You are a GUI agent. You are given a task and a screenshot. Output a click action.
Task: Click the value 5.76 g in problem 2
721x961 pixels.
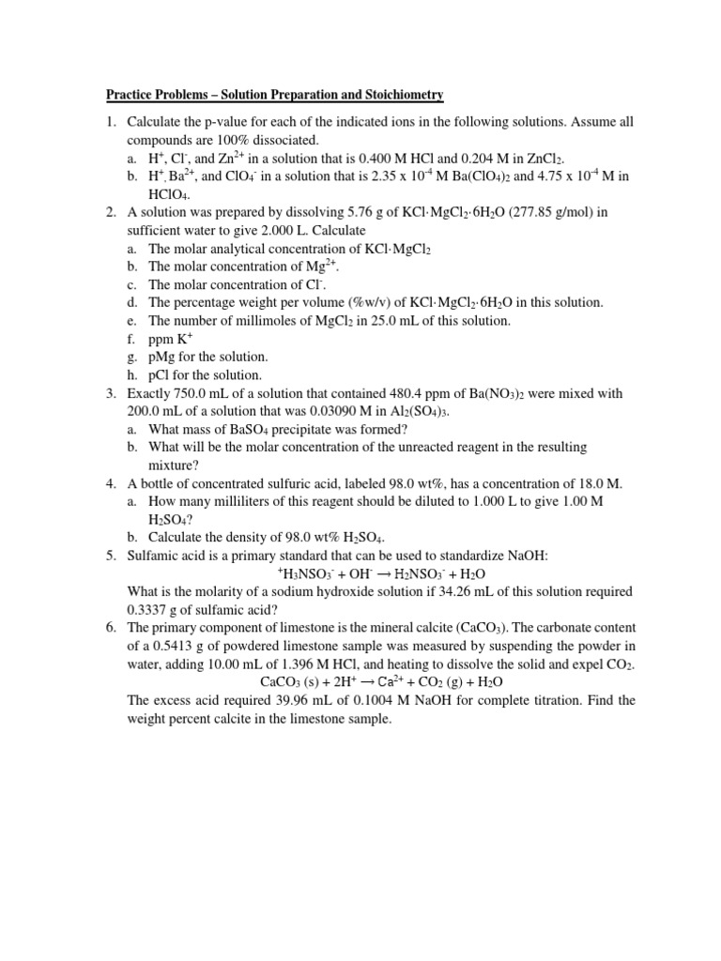(x=367, y=212)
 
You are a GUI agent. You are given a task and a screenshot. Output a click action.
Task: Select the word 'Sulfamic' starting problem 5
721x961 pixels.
(x=153, y=556)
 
